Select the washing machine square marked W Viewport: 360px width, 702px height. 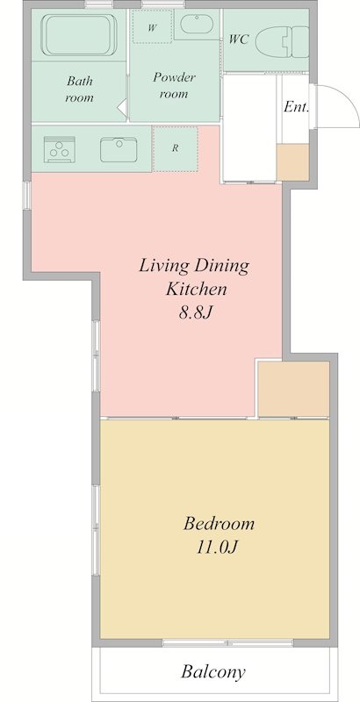coord(152,27)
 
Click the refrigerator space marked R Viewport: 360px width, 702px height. coord(176,148)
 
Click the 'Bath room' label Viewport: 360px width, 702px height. coord(79,90)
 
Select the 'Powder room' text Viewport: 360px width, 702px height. coord(173,85)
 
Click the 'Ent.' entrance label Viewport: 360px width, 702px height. coord(294,107)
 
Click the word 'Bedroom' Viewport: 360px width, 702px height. coord(219,525)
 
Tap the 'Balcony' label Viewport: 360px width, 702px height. coord(212,673)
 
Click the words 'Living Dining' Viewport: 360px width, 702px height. coord(195,265)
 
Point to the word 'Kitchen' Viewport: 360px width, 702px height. coord(195,289)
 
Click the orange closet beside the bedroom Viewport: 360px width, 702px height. coord(293,387)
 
